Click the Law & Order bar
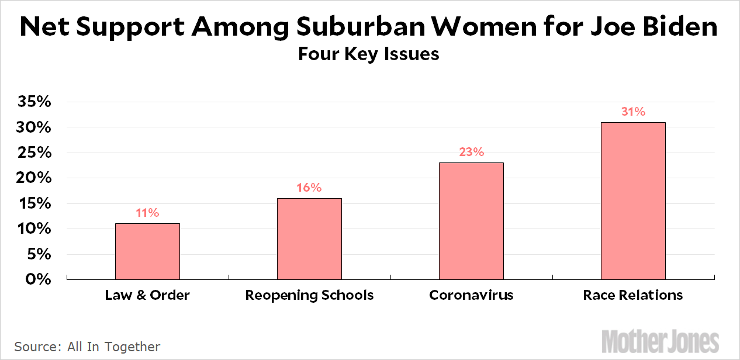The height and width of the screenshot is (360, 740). pyautogui.click(x=147, y=251)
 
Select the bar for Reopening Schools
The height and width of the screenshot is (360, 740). pyautogui.click(x=309, y=239)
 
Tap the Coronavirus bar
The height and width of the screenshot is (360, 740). pyautogui.click(x=471, y=221)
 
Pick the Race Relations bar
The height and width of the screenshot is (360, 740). pyautogui.click(x=633, y=200)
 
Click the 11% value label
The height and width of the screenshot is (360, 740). pyautogui.click(x=147, y=213)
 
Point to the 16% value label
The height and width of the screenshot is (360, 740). pyautogui.click(x=309, y=188)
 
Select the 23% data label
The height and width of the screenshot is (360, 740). pyautogui.click(x=471, y=152)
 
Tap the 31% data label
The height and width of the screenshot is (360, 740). pyautogui.click(x=633, y=112)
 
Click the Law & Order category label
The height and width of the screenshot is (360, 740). pyautogui.click(x=147, y=295)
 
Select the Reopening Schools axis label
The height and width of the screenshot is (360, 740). pyautogui.click(x=309, y=295)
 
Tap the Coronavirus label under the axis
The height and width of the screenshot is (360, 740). pyautogui.click(x=471, y=295)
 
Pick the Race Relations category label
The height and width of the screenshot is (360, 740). pyautogui.click(x=633, y=295)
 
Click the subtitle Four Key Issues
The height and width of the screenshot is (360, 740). pyautogui.click(x=369, y=54)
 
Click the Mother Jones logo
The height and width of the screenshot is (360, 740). pyautogui.click(x=660, y=341)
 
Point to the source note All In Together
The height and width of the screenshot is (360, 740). pyautogui.click(x=87, y=347)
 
